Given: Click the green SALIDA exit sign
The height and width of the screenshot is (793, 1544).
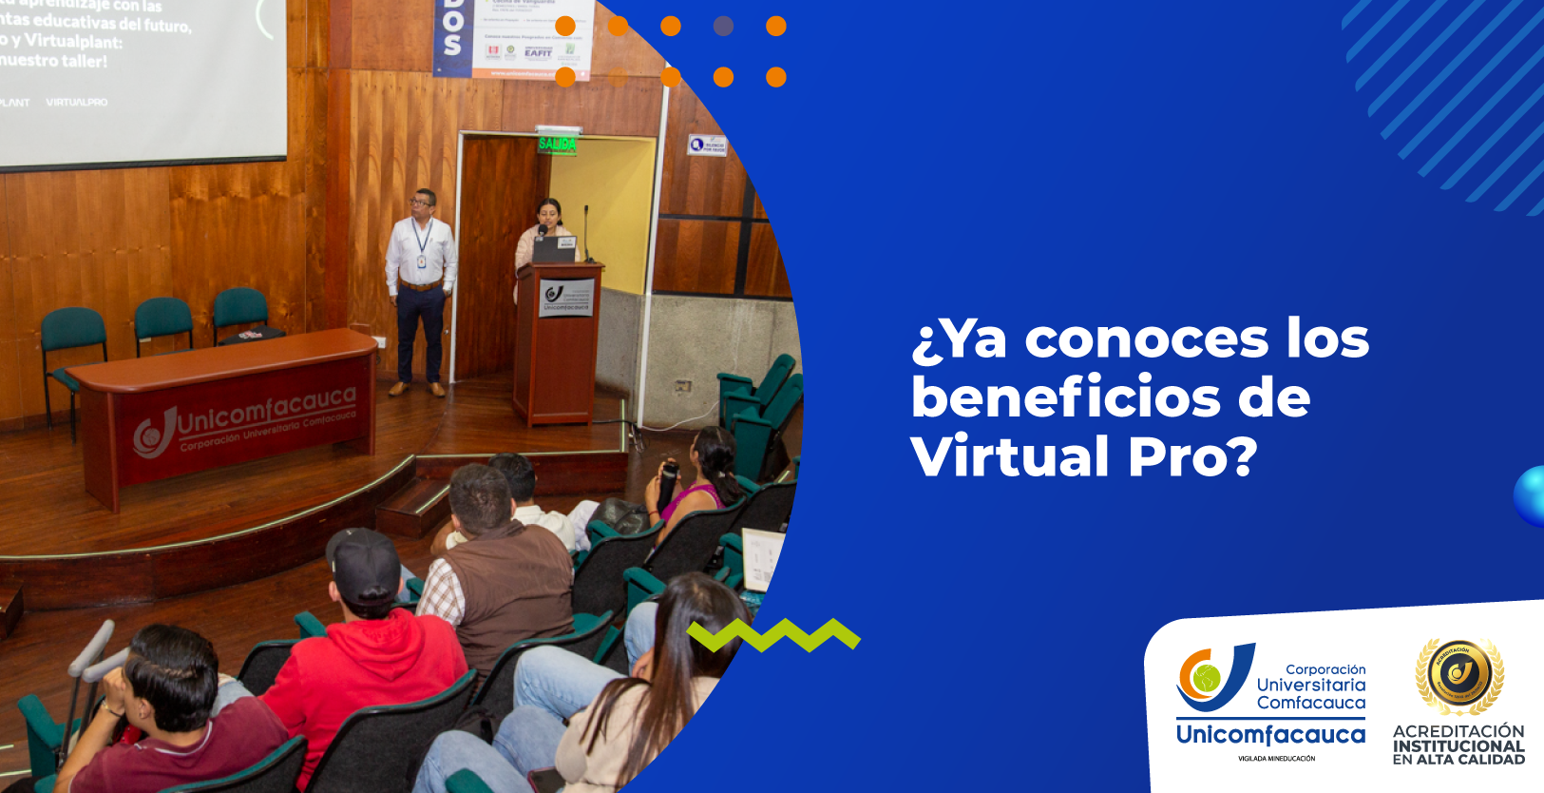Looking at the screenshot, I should coord(558,144).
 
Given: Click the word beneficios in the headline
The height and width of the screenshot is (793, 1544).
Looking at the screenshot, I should coord(1065,397).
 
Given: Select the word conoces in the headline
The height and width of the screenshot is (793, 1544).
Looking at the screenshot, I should coord(1146,338).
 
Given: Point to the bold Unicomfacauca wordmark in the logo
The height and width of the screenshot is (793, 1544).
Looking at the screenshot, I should coord(1270,735).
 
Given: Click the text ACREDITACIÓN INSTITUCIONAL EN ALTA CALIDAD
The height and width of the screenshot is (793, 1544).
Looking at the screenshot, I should coord(1458,745).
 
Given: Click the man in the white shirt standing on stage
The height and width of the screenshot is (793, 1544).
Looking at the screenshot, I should coord(420,285).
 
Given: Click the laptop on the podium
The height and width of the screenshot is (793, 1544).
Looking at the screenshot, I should coord(555,249).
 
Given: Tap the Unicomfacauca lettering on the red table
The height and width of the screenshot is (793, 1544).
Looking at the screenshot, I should coord(266,412).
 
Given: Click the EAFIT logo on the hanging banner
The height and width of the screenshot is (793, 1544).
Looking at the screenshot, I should coord(538,53).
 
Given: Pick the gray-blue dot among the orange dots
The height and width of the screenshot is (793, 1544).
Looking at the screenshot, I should coord(723,27).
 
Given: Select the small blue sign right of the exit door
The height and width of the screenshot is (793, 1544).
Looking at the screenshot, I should coord(707,145).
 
